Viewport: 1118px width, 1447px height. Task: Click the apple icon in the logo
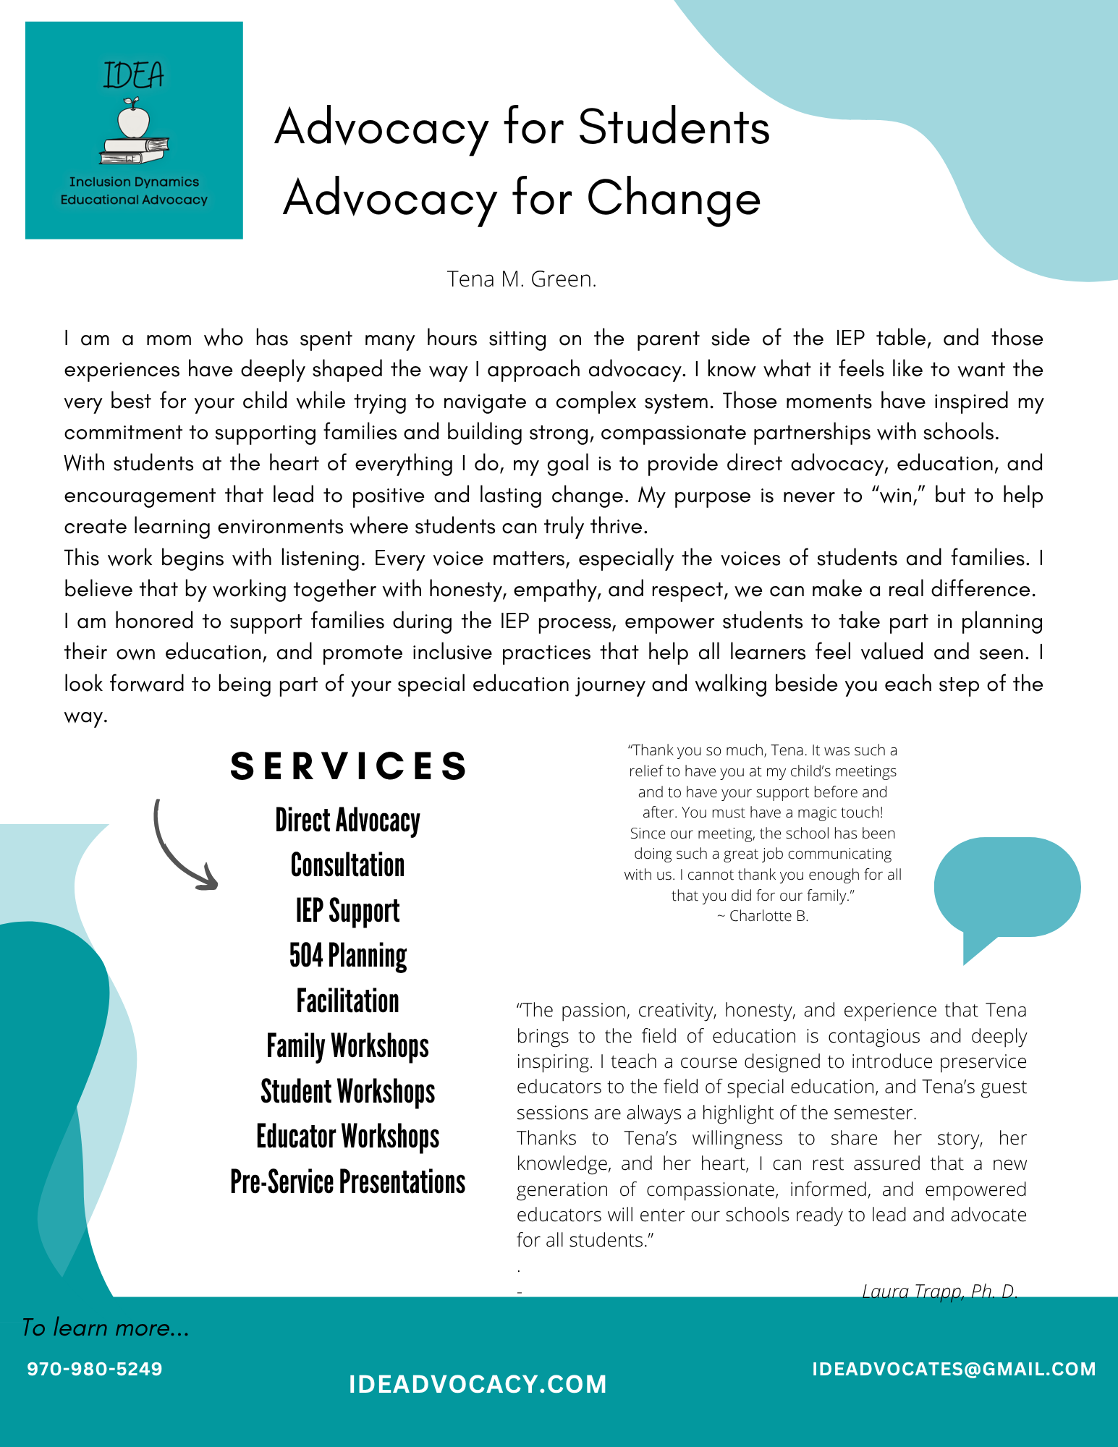point(133,120)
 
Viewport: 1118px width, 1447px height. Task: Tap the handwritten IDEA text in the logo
point(134,75)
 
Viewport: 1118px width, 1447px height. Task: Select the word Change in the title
point(674,198)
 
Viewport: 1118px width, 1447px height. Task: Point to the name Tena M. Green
point(522,279)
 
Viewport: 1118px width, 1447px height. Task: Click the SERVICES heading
point(348,766)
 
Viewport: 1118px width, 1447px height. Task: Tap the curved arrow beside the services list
point(181,846)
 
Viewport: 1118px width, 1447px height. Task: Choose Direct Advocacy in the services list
point(347,821)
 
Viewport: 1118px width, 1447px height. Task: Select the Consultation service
point(347,865)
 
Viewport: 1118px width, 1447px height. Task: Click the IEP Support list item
point(347,911)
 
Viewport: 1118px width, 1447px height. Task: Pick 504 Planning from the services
point(347,956)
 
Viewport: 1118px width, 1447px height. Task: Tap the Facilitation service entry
point(347,1001)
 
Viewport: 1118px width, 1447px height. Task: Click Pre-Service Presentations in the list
point(347,1182)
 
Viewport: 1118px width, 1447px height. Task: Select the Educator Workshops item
point(347,1137)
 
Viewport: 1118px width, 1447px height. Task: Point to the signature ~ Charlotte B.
point(763,916)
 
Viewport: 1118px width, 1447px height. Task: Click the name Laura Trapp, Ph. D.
point(939,1291)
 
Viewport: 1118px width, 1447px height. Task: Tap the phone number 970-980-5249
point(95,1369)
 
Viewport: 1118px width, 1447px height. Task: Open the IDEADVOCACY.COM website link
point(478,1384)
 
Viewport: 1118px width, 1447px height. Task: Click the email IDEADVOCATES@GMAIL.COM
point(954,1369)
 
